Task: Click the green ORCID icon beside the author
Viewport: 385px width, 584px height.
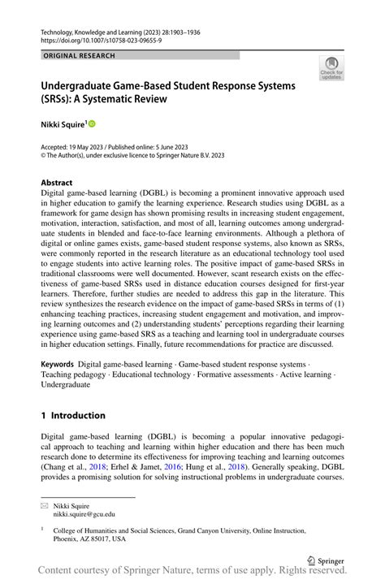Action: click(92, 123)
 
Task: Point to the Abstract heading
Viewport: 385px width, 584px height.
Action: click(57, 183)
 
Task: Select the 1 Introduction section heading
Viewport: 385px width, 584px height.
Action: click(73, 415)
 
